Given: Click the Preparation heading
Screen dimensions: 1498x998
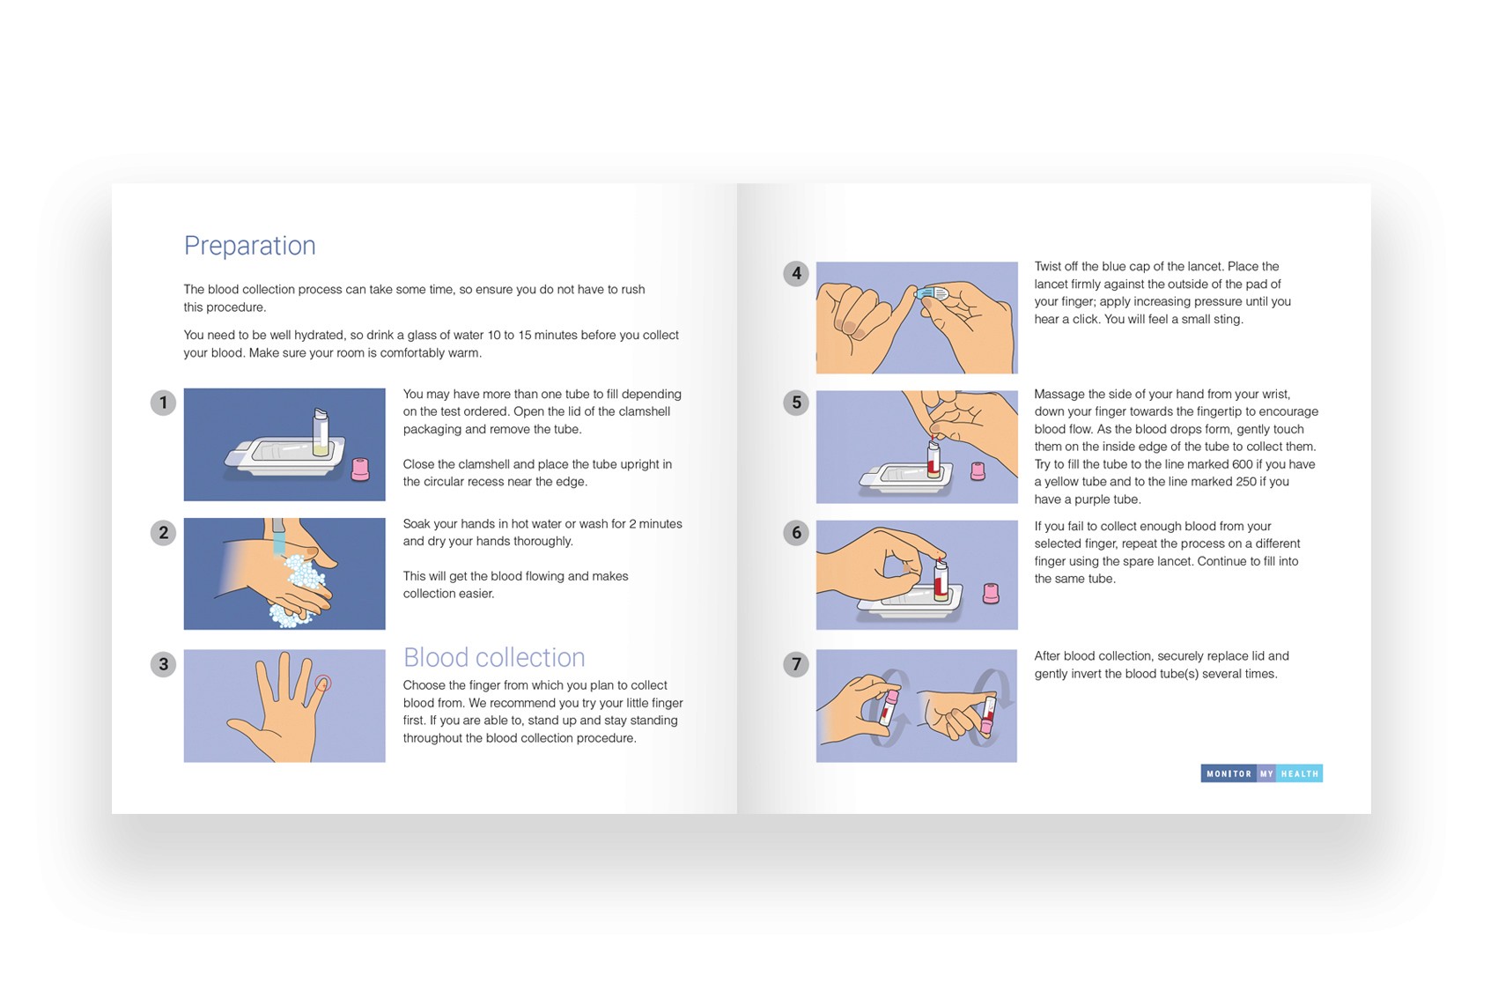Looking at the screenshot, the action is point(249,246).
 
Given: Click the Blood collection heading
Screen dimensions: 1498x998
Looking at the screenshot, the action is point(494,657).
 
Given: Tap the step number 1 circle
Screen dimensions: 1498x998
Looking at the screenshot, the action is point(163,403).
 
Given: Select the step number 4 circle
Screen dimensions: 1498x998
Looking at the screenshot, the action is point(796,274).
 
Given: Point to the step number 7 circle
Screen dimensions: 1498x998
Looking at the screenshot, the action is point(796,664).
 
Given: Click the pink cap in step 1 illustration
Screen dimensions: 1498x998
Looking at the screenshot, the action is point(360,469).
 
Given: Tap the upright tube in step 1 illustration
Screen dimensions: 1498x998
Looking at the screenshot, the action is point(321,432).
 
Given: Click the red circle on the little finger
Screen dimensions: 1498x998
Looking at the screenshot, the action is point(323,683).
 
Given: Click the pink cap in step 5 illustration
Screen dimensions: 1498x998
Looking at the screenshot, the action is point(978,471).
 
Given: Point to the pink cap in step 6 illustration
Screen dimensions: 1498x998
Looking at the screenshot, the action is point(991,594).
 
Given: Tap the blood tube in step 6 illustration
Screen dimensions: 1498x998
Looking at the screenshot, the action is point(941,580).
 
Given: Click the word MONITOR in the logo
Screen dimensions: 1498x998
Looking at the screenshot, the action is point(1229,774).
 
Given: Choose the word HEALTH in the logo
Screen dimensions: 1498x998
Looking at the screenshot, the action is point(1299,774).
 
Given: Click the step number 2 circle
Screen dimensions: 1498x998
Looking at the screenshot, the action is point(163,533).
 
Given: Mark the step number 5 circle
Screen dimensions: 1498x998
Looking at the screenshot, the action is point(796,403).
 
